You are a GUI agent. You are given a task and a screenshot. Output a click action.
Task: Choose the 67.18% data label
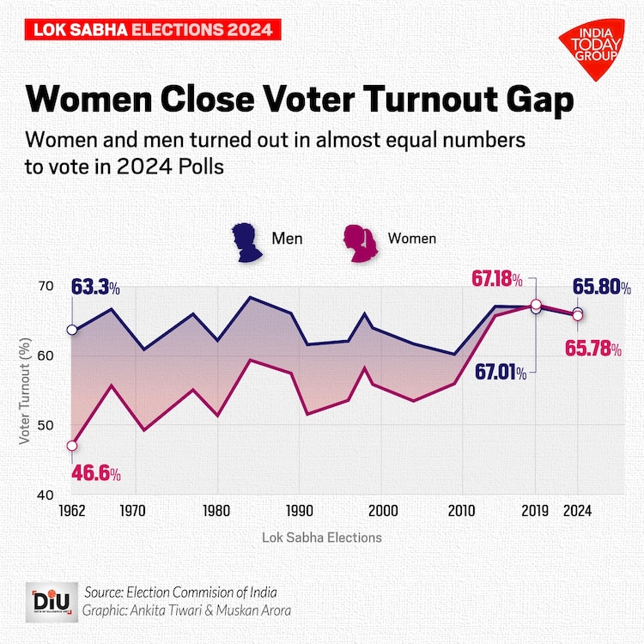[x=497, y=279]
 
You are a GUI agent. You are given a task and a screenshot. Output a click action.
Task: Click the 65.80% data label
[x=602, y=287]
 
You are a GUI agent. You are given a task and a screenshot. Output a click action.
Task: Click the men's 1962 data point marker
[x=71, y=330]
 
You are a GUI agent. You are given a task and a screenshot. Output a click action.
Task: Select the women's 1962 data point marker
[x=71, y=446]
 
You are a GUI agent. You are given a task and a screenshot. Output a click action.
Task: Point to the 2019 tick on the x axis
[x=535, y=511]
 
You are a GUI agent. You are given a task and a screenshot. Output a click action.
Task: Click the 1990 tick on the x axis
[x=300, y=511]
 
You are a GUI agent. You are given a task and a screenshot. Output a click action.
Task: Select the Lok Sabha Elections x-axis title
[x=322, y=538]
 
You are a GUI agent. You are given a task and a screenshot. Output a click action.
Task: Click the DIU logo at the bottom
[x=51, y=599]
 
